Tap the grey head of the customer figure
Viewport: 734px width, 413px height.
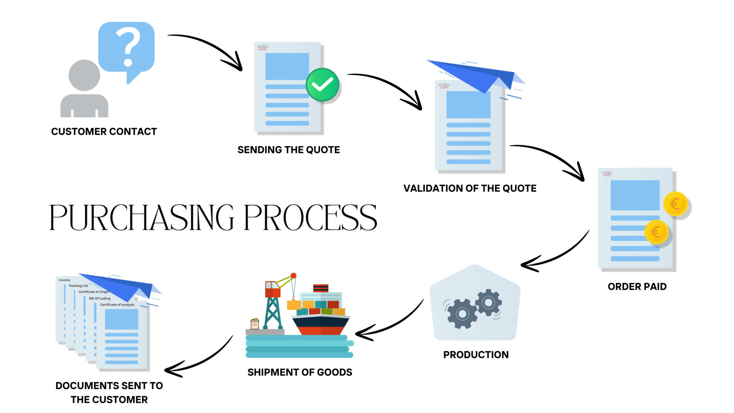[84, 75]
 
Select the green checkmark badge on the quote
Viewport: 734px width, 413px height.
[322, 85]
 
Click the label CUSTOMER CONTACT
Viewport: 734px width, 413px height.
[104, 132]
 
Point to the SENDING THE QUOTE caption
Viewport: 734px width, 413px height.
[289, 150]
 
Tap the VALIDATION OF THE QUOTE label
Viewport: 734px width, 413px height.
[470, 188]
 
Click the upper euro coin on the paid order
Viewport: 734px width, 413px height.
[675, 204]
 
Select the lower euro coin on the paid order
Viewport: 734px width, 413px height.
[656, 232]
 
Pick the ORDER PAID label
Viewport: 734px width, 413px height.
[637, 287]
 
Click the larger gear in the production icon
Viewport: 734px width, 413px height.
[462, 314]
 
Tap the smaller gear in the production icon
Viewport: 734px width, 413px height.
[488, 302]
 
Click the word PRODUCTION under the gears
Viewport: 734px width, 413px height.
[476, 355]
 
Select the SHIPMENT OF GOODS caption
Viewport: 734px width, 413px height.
[300, 372]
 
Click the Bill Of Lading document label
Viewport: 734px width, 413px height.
[100, 299]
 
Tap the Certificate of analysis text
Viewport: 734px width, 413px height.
[117, 305]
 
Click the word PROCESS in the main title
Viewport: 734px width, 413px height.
[310, 217]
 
